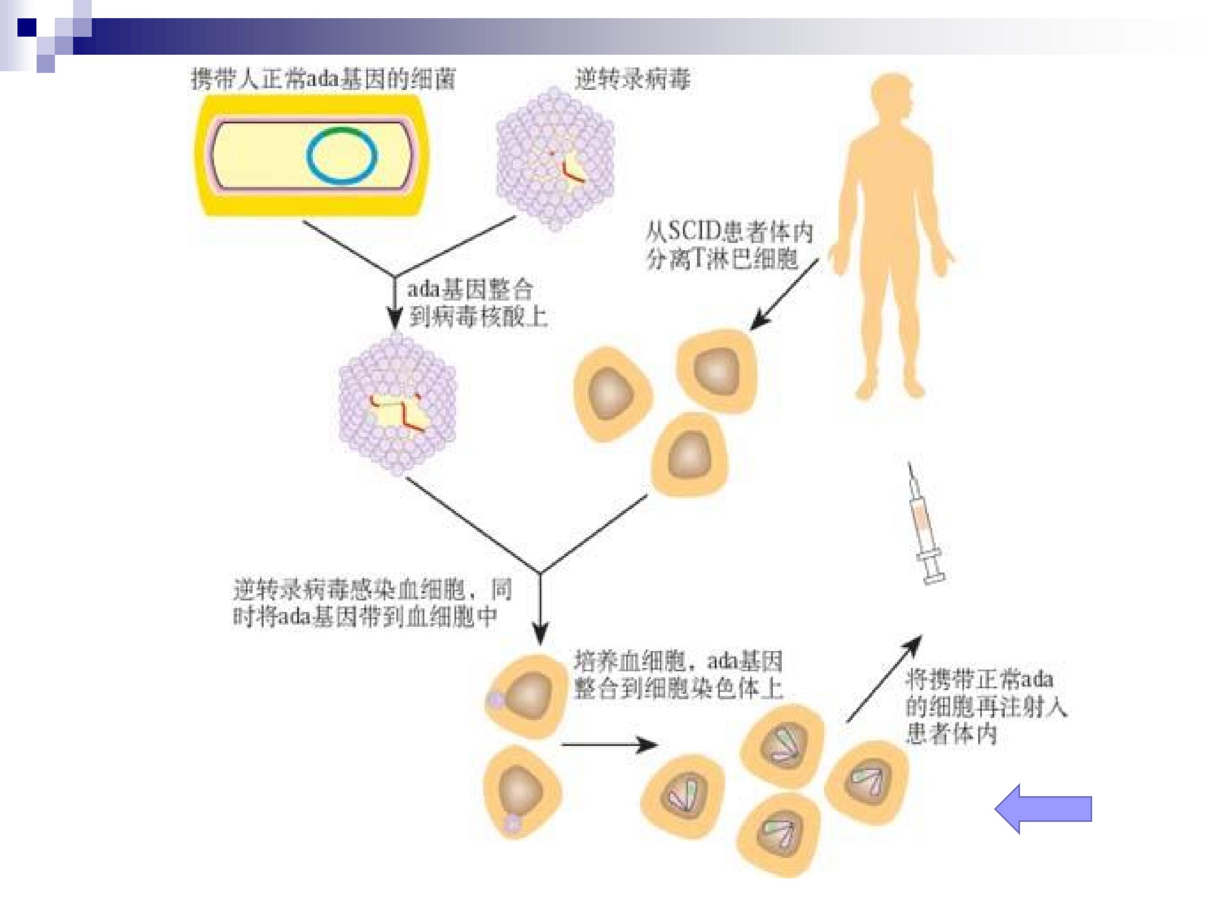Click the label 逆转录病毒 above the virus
[x=632, y=79]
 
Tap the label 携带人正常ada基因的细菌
[x=323, y=78]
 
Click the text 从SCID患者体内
[x=729, y=232]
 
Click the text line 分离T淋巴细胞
[x=722, y=258]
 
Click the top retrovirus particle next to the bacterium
[x=555, y=159]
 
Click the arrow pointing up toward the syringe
[x=884, y=679]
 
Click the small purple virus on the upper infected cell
[x=495, y=700]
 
